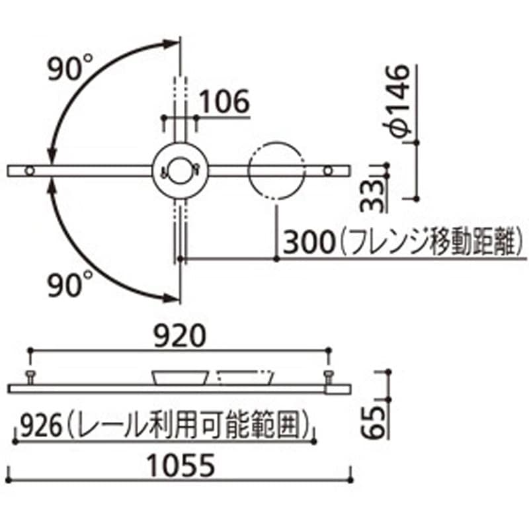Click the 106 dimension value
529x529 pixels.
[224, 102]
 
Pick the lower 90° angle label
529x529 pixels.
[72, 285]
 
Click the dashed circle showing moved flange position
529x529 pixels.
[276, 170]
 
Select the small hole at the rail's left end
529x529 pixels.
[29, 171]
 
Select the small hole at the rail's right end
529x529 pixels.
[329, 171]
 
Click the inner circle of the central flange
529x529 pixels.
[180, 170]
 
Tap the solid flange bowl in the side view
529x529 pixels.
[180, 378]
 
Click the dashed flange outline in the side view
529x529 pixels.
[245, 378]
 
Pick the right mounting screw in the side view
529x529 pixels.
[329, 377]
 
